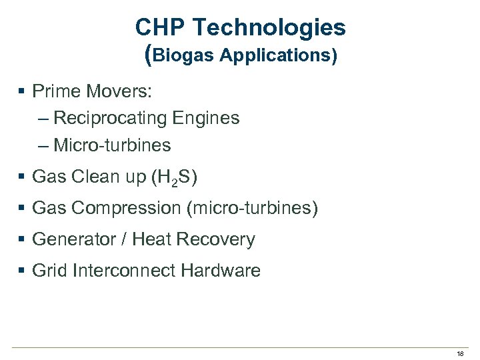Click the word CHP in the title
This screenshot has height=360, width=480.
(158, 28)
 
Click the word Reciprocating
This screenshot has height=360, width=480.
(110, 118)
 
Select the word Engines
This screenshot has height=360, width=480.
(206, 118)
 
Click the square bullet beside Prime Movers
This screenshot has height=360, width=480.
(22, 91)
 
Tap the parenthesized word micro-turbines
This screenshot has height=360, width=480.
(253, 209)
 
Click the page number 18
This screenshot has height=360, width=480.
(460, 353)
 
